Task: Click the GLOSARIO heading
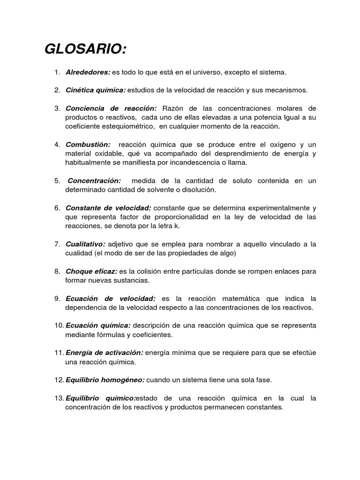click(x=85, y=49)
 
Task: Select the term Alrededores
click(x=88, y=73)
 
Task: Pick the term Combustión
click(x=88, y=145)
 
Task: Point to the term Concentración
click(x=95, y=181)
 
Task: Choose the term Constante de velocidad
click(x=108, y=208)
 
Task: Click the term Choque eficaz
click(x=91, y=271)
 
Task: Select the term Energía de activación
click(x=104, y=352)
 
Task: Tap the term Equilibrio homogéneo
click(x=105, y=380)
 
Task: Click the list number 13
click(x=59, y=398)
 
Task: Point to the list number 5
click(x=57, y=181)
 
